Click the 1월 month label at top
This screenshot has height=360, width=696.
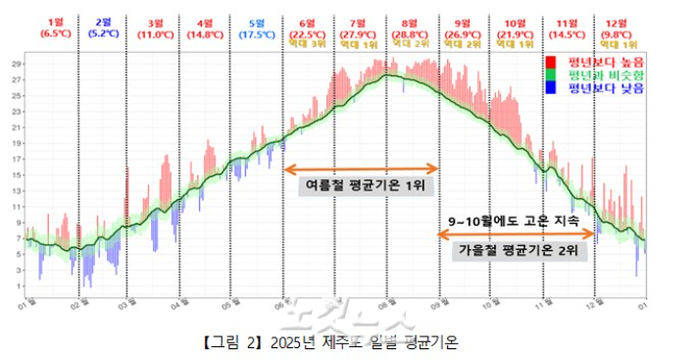[x=55, y=22]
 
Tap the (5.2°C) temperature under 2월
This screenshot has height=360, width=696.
[x=104, y=33]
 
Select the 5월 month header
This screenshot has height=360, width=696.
[x=257, y=22]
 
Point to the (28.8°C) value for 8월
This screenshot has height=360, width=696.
[x=407, y=33]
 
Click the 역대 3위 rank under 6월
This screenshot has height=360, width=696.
[x=307, y=45]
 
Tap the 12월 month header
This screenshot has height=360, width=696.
[x=616, y=22]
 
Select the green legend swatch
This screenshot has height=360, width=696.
[x=551, y=75]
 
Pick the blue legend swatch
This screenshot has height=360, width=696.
[x=551, y=87]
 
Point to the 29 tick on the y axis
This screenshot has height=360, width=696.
[x=17, y=65]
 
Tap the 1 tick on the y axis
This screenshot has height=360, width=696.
[x=17, y=285]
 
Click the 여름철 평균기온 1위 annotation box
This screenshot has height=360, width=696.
[x=367, y=184]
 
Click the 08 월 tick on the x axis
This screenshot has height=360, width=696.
[x=389, y=305]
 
